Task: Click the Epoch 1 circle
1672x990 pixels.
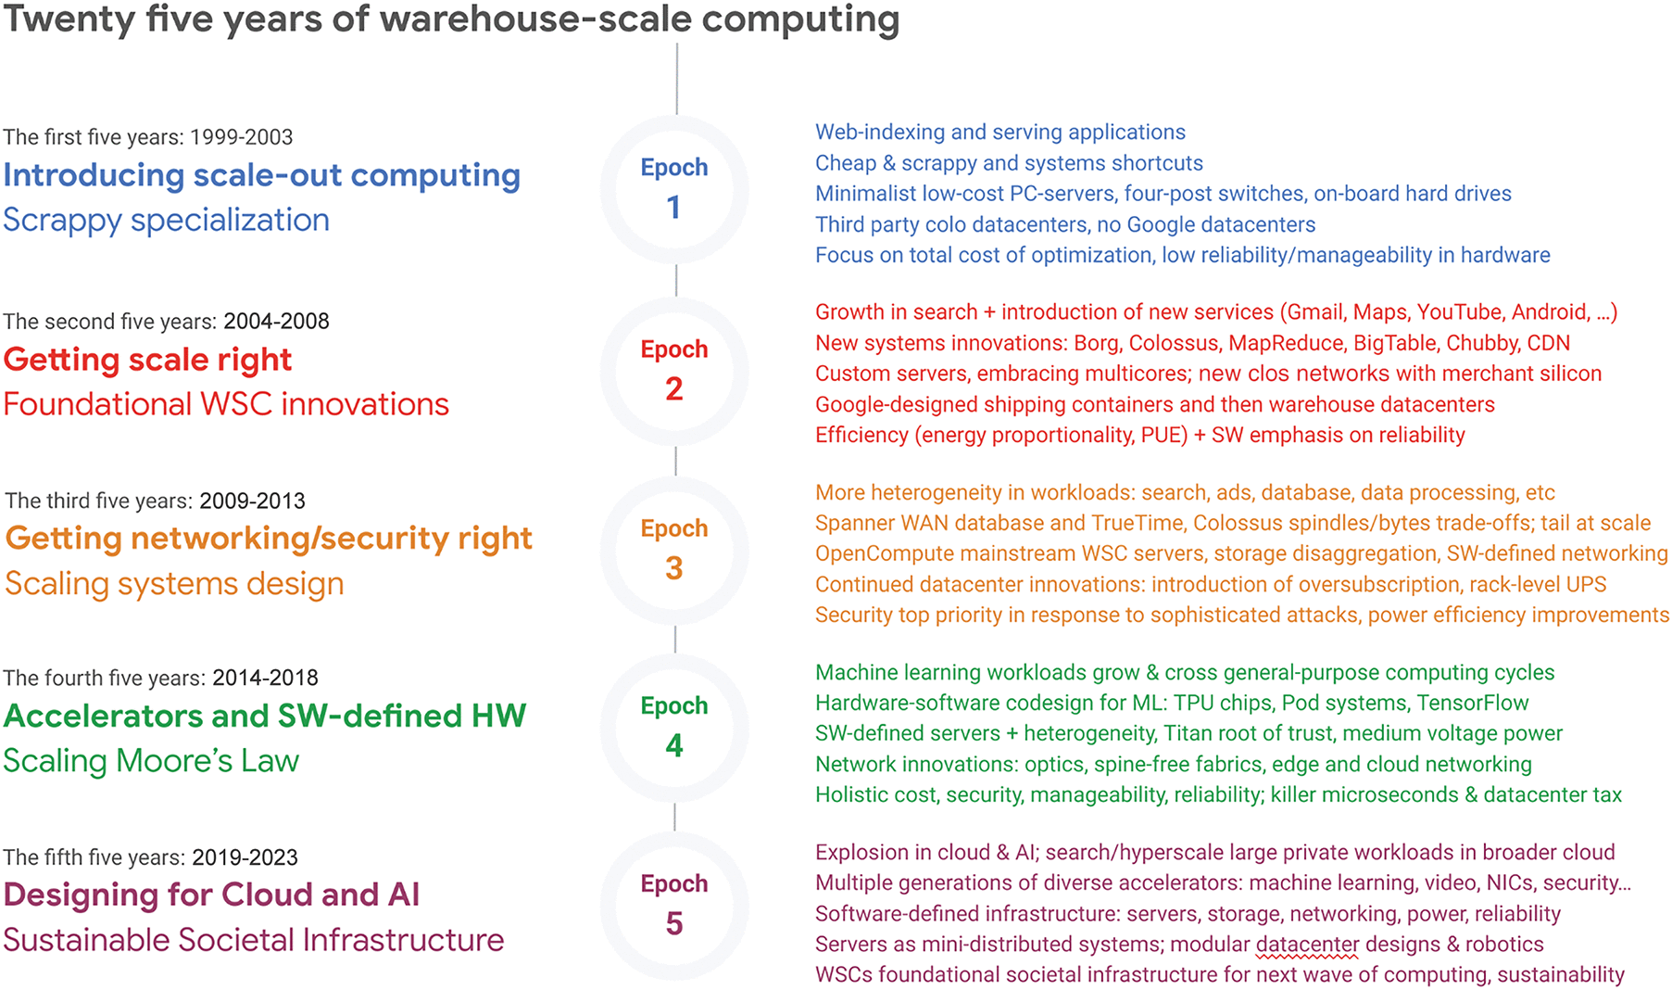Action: point(674,188)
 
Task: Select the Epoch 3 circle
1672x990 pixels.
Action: point(674,550)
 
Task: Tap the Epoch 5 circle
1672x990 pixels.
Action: point(674,905)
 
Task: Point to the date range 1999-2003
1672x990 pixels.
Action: point(241,137)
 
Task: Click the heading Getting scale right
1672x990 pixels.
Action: point(147,360)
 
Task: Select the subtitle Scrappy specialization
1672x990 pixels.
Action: point(166,221)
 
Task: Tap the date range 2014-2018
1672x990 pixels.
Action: point(265,679)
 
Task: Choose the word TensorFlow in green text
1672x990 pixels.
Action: point(1473,704)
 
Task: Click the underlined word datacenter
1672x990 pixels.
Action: point(1307,945)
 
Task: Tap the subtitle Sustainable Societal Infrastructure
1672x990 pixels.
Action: point(253,941)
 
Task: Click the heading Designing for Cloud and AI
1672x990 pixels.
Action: point(211,895)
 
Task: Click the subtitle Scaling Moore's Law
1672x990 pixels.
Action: point(151,761)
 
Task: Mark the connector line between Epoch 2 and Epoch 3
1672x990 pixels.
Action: point(675,461)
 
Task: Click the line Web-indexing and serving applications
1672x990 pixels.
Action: point(999,133)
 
